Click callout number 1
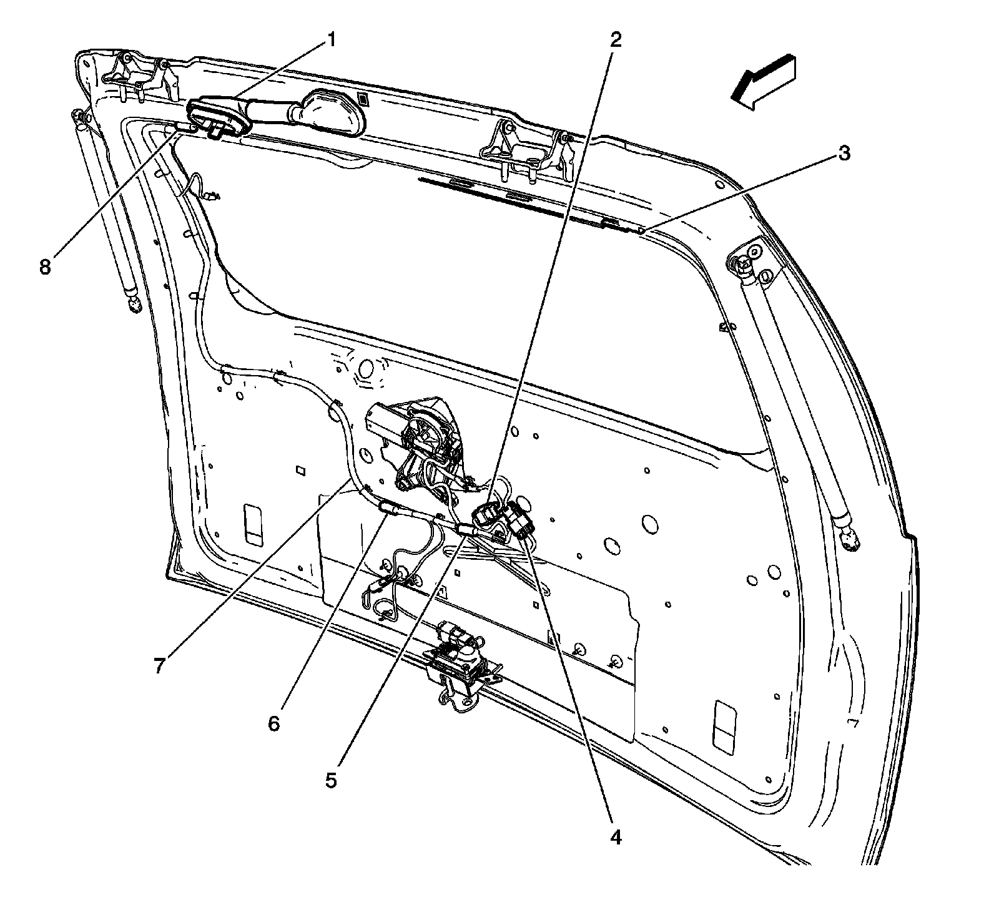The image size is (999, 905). point(332,41)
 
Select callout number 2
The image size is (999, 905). point(616,40)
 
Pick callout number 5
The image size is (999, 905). point(331,780)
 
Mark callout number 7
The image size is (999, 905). point(160,666)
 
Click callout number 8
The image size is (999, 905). point(44,267)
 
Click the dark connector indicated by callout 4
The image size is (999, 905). point(520,517)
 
